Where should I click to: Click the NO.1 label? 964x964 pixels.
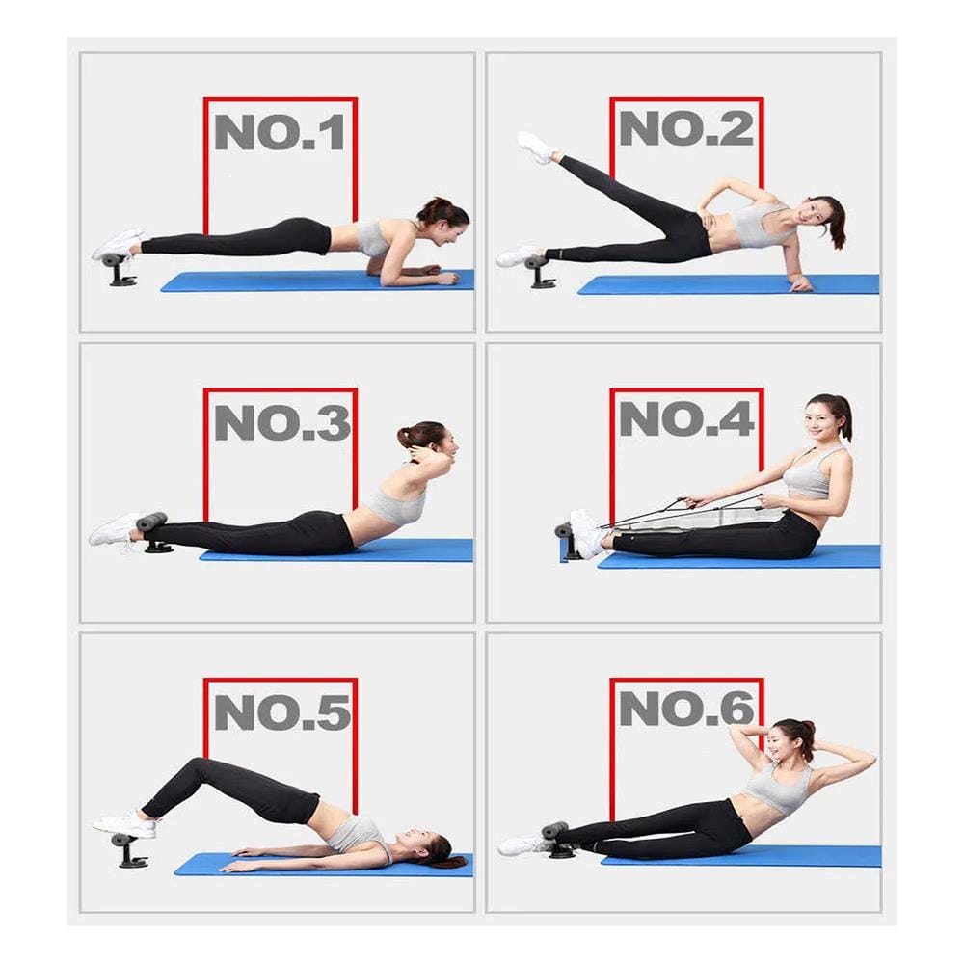click(280, 132)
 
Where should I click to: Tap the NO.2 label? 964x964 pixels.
click(686, 128)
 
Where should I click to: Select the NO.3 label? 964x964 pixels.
click(282, 422)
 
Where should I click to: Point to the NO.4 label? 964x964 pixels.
click(686, 418)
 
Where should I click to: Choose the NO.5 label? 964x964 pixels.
click(282, 712)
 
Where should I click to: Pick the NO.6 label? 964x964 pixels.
click(686, 709)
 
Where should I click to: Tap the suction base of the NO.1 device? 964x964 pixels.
click(123, 282)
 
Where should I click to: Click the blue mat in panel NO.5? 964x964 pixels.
click(323, 865)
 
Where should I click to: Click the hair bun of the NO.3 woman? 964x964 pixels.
click(407, 436)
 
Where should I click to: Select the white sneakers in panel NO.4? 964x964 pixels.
click(586, 534)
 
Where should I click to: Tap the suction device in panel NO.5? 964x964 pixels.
click(128, 850)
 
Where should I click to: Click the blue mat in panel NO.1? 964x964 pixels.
click(317, 281)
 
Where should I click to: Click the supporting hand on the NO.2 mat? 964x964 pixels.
click(800, 284)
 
